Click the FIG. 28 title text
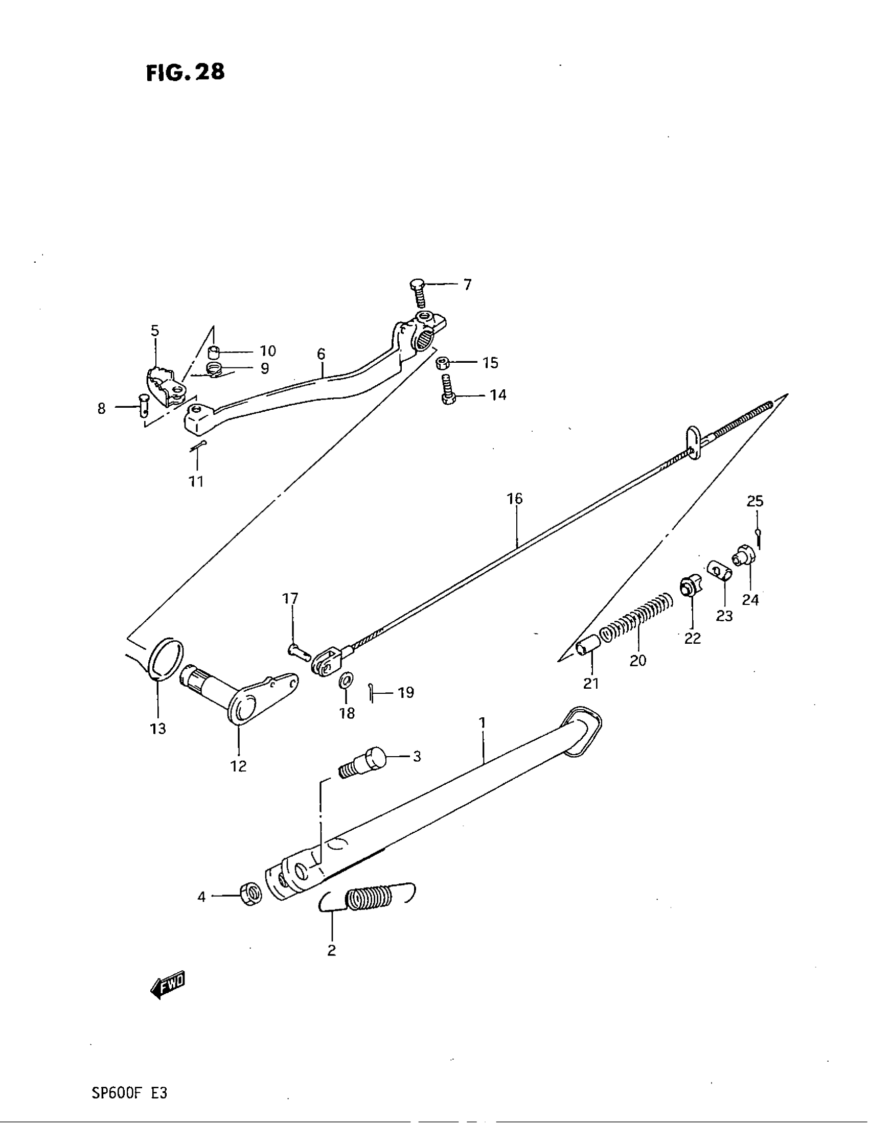[186, 73]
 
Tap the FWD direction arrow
[168, 985]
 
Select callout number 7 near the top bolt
[467, 285]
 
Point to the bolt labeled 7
[419, 293]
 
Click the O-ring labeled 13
[165, 660]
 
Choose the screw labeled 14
[447, 391]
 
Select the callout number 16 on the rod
[515, 498]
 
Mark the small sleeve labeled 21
[588, 645]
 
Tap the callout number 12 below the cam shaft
[238, 780]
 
